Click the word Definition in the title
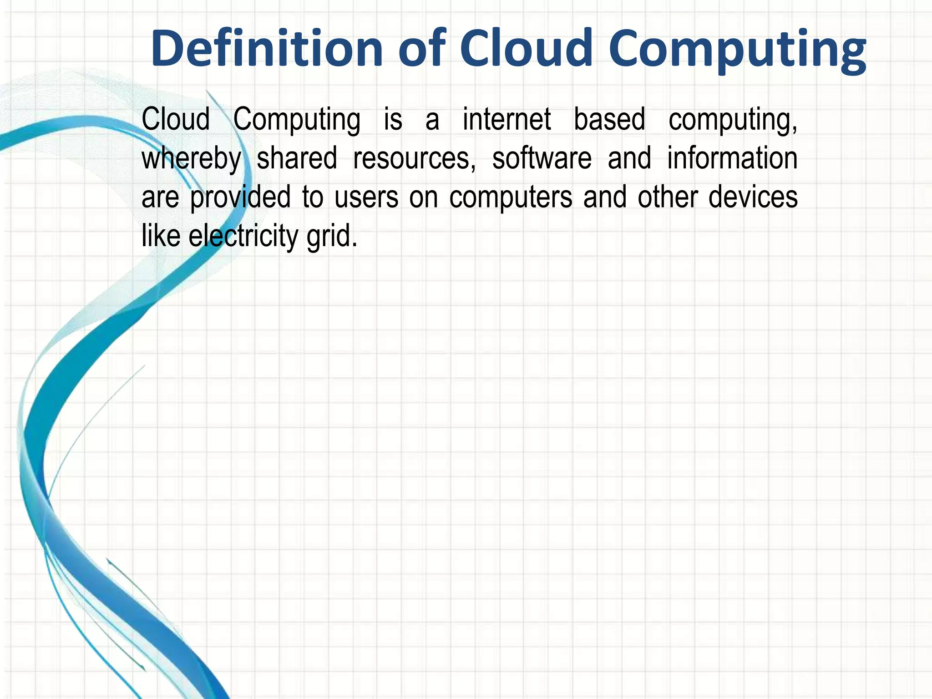[x=267, y=49]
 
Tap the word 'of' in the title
[x=421, y=49]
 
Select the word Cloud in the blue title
[x=526, y=49]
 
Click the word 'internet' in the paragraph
[x=507, y=119]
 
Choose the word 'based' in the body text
[x=609, y=119]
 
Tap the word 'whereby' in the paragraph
[x=192, y=158]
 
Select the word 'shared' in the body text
[x=297, y=158]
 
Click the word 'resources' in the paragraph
[x=414, y=158]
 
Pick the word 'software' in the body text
[x=542, y=158]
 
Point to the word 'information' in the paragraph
[x=732, y=158]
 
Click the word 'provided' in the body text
[x=240, y=198]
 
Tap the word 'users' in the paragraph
[x=366, y=198]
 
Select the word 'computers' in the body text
[x=511, y=198]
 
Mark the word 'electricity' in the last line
[x=243, y=236]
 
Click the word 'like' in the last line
[x=161, y=236]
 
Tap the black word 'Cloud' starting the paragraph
[x=176, y=119]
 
